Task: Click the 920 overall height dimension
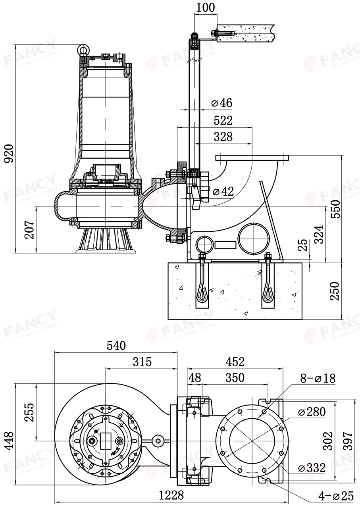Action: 9,153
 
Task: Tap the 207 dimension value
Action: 29,229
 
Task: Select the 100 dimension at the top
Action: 205,7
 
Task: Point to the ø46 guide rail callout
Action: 222,103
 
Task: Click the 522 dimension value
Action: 223,120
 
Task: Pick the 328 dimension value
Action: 223,137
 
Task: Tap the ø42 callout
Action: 223,191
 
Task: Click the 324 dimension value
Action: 319,235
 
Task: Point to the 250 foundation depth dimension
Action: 335,291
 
